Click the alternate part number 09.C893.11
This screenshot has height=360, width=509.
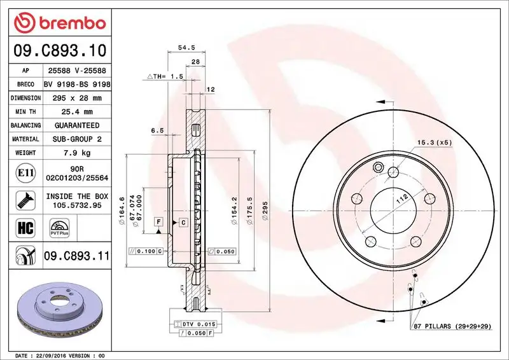[x=76, y=256]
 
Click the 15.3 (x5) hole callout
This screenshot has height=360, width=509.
[x=434, y=142]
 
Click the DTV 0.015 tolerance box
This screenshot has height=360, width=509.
[x=199, y=324]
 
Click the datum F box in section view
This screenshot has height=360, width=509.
[x=158, y=222]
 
